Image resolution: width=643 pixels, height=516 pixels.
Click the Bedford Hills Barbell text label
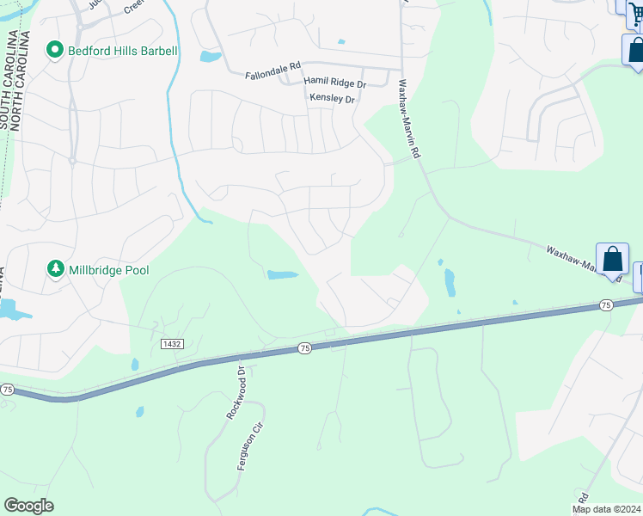point(123,51)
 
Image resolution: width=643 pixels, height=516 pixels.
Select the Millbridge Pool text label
point(110,270)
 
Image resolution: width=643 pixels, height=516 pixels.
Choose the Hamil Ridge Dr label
point(335,83)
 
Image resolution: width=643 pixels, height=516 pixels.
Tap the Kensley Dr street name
point(332,99)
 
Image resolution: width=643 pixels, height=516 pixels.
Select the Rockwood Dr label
point(236,392)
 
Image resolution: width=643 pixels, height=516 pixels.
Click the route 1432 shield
point(172,343)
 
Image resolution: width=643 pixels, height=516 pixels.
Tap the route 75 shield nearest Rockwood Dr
point(304,347)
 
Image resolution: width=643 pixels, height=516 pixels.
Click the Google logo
point(28,506)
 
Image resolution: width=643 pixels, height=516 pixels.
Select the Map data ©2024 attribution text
point(607,509)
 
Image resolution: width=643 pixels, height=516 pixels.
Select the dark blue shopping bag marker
point(635,49)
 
